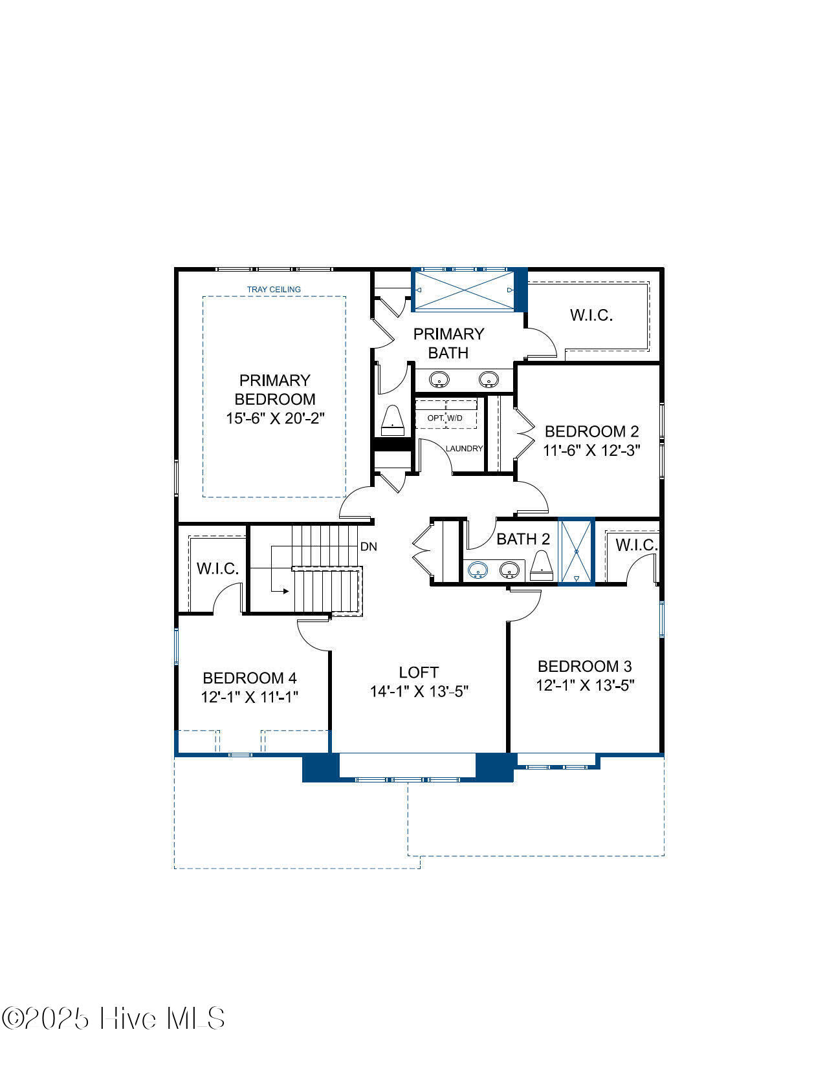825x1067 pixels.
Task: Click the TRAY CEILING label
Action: tap(274, 289)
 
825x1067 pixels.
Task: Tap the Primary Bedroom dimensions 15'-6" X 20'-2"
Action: tap(275, 418)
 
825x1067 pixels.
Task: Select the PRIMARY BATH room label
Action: tap(448, 343)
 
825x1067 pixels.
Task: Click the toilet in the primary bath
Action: tap(393, 420)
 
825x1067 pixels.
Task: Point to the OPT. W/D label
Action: tap(445, 418)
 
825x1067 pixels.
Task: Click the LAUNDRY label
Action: tap(464, 448)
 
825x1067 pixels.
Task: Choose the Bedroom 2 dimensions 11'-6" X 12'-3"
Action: tap(591, 450)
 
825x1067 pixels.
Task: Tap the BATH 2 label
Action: tap(523, 539)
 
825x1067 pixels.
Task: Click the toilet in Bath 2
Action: tap(542, 565)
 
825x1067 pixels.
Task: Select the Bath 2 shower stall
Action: tap(577, 552)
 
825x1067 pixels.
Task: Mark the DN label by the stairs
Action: tap(369, 546)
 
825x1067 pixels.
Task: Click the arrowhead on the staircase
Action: tap(286, 591)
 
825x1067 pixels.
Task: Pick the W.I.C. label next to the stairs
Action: tap(217, 568)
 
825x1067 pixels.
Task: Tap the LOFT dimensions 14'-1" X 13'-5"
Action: tap(419, 691)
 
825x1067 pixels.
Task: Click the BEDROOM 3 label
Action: tap(585, 666)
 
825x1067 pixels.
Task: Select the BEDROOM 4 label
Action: tap(250, 678)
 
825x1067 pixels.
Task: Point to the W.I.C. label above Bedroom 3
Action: tap(636, 545)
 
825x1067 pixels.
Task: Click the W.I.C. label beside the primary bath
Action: tap(591, 315)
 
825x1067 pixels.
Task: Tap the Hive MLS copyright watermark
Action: tap(113, 1018)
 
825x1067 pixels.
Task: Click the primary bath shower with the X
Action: tap(465, 290)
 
